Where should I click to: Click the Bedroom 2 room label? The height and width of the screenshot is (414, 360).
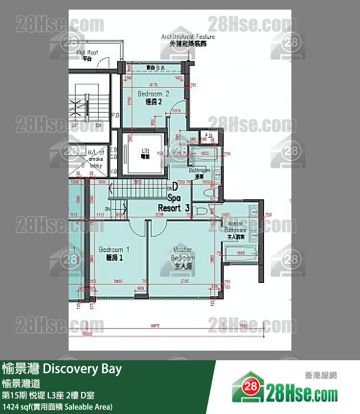153,97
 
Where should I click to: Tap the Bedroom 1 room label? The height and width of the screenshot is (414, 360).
114,254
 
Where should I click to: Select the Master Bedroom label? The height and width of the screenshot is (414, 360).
182,257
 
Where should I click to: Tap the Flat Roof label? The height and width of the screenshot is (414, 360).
87,55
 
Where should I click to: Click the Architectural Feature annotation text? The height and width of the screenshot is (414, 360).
188,39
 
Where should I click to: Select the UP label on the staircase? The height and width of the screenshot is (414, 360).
74,125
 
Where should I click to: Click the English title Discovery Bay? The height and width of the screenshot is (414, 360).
82,369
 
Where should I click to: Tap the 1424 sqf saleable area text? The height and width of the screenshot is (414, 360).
57,407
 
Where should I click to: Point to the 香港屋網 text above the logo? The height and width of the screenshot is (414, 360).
321,375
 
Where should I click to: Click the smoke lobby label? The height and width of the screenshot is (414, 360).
96,160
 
